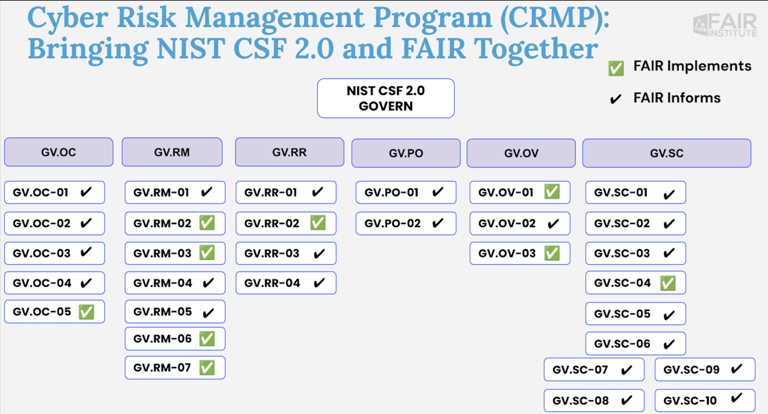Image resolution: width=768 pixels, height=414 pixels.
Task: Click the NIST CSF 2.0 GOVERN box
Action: [x=386, y=98]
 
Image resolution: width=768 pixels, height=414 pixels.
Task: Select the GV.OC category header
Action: [x=59, y=153]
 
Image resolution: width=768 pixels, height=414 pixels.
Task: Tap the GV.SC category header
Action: [x=666, y=153]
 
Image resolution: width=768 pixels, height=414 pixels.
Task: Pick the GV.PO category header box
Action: [x=406, y=153]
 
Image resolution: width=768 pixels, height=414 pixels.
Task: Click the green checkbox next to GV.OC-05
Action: [x=86, y=312]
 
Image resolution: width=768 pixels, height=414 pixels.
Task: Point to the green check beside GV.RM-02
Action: [x=207, y=223]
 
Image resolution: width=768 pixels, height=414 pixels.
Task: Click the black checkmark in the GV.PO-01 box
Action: [x=438, y=192]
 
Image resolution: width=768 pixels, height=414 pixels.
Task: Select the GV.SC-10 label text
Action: [x=690, y=401]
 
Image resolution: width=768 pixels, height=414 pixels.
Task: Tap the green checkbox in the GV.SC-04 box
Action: [x=668, y=283]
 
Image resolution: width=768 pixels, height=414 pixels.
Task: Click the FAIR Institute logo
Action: [x=725, y=25]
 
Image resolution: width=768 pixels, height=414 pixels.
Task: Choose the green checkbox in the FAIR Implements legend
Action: [x=616, y=68]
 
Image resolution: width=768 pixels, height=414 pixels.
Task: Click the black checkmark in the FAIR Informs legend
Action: [x=615, y=99]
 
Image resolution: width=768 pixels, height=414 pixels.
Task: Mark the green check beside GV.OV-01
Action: [x=552, y=192]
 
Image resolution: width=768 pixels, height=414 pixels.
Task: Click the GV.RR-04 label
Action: [x=272, y=283]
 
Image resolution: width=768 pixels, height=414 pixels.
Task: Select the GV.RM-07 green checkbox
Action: [x=207, y=368]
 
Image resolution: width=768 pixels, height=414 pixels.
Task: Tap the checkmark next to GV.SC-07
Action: [x=627, y=370]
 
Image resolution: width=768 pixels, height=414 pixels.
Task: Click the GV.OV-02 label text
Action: [x=507, y=223]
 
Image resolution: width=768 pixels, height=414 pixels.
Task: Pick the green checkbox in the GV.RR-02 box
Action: [x=318, y=223]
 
